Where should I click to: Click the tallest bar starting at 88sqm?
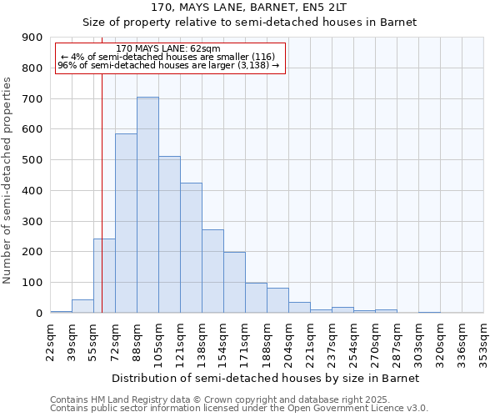147,205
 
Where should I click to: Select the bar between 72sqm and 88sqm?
126,224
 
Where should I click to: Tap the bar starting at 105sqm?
169,234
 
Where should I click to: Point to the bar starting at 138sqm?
212,271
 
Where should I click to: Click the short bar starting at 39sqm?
82,306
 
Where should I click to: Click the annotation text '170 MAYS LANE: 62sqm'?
169,49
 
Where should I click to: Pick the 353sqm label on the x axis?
483,342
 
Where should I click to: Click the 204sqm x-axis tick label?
288,342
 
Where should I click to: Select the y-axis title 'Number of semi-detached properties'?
8,180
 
